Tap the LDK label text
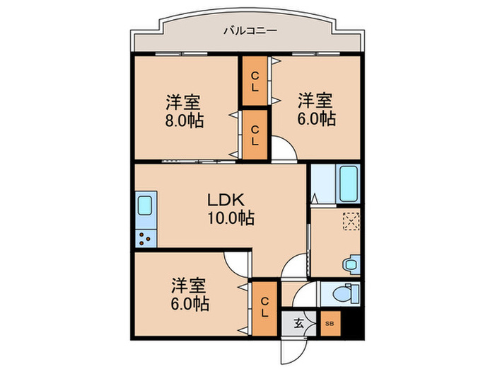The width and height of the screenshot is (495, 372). click(x=226, y=200)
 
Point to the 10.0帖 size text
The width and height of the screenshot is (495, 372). click(x=226, y=218)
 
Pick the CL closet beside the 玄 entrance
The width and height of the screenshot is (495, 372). click(x=264, y=308)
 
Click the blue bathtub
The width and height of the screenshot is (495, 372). click(x=349, y=184)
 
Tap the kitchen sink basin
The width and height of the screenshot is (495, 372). click(x=144, y=207)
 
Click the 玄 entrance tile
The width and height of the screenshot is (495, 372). click(x=298, y=324)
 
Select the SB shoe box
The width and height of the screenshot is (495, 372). click(x=329, y=324)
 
